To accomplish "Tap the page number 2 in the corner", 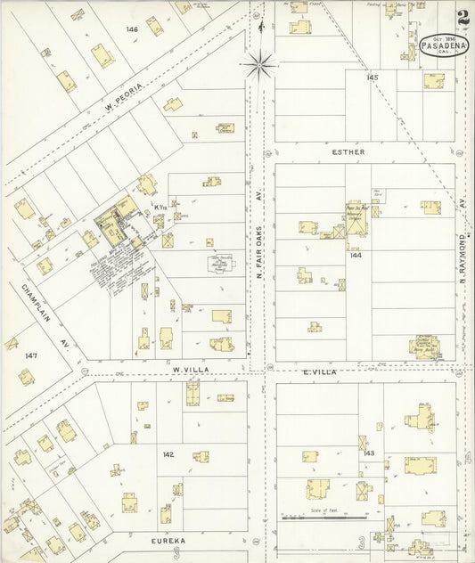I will [x=463, y=17].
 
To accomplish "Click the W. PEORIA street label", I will [x=124, y=91].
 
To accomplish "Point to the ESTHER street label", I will [x=348, y=151].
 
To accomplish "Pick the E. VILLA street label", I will [x=319, y=371].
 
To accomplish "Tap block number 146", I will [x=132, y=29].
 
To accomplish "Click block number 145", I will [x=372, y=78].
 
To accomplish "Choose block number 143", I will [x=369, y=453].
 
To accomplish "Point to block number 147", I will [x=31, y=355].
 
